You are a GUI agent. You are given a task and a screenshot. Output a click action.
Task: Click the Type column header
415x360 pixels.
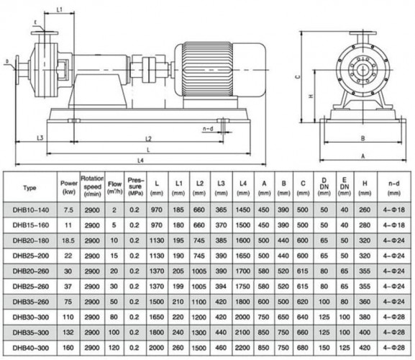tap(29, 187)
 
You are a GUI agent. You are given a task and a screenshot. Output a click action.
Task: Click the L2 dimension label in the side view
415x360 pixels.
tap(148, 138)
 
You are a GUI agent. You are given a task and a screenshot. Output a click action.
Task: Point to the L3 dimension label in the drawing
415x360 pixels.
tap(41, 138)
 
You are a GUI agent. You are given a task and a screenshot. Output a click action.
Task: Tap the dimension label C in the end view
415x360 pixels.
tap(296, 73)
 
